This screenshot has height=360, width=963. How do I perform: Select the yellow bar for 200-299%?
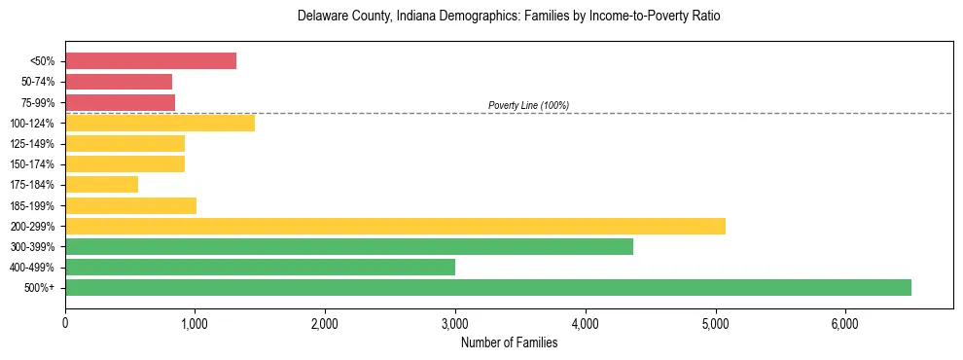(x=395, y=226)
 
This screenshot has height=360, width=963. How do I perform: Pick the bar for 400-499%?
(x=260, y=267)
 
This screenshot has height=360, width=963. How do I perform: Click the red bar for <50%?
(x=151, y=61)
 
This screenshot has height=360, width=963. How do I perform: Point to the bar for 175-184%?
(x=102, y=185)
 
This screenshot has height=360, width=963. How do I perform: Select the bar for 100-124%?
(x=160, y=123)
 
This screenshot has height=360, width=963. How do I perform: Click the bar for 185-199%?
(x=130, y=205)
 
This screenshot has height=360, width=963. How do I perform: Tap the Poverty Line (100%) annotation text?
(x=528, y=105)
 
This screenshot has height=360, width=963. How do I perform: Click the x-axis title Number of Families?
(x=509, y=342)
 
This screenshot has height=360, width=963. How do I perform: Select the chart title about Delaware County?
(x=509, y=18)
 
